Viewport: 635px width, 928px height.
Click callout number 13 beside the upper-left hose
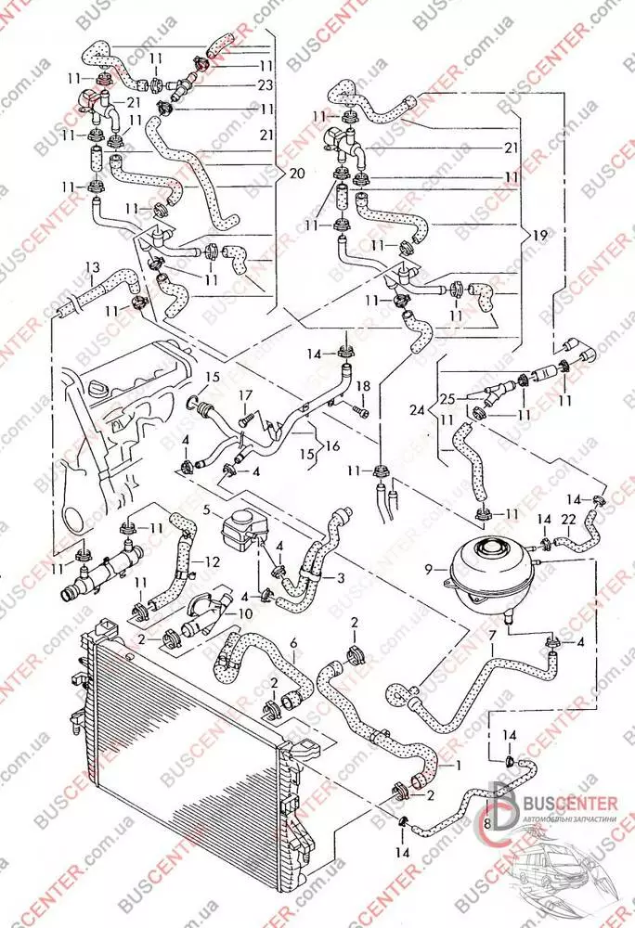(x=91, y=267)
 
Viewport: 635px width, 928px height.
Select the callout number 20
(x=296, y=173)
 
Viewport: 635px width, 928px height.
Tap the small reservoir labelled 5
(x=243, y=532)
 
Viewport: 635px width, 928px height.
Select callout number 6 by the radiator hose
(x=293, y=642)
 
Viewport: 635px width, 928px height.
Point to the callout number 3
(x=341, y=577)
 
